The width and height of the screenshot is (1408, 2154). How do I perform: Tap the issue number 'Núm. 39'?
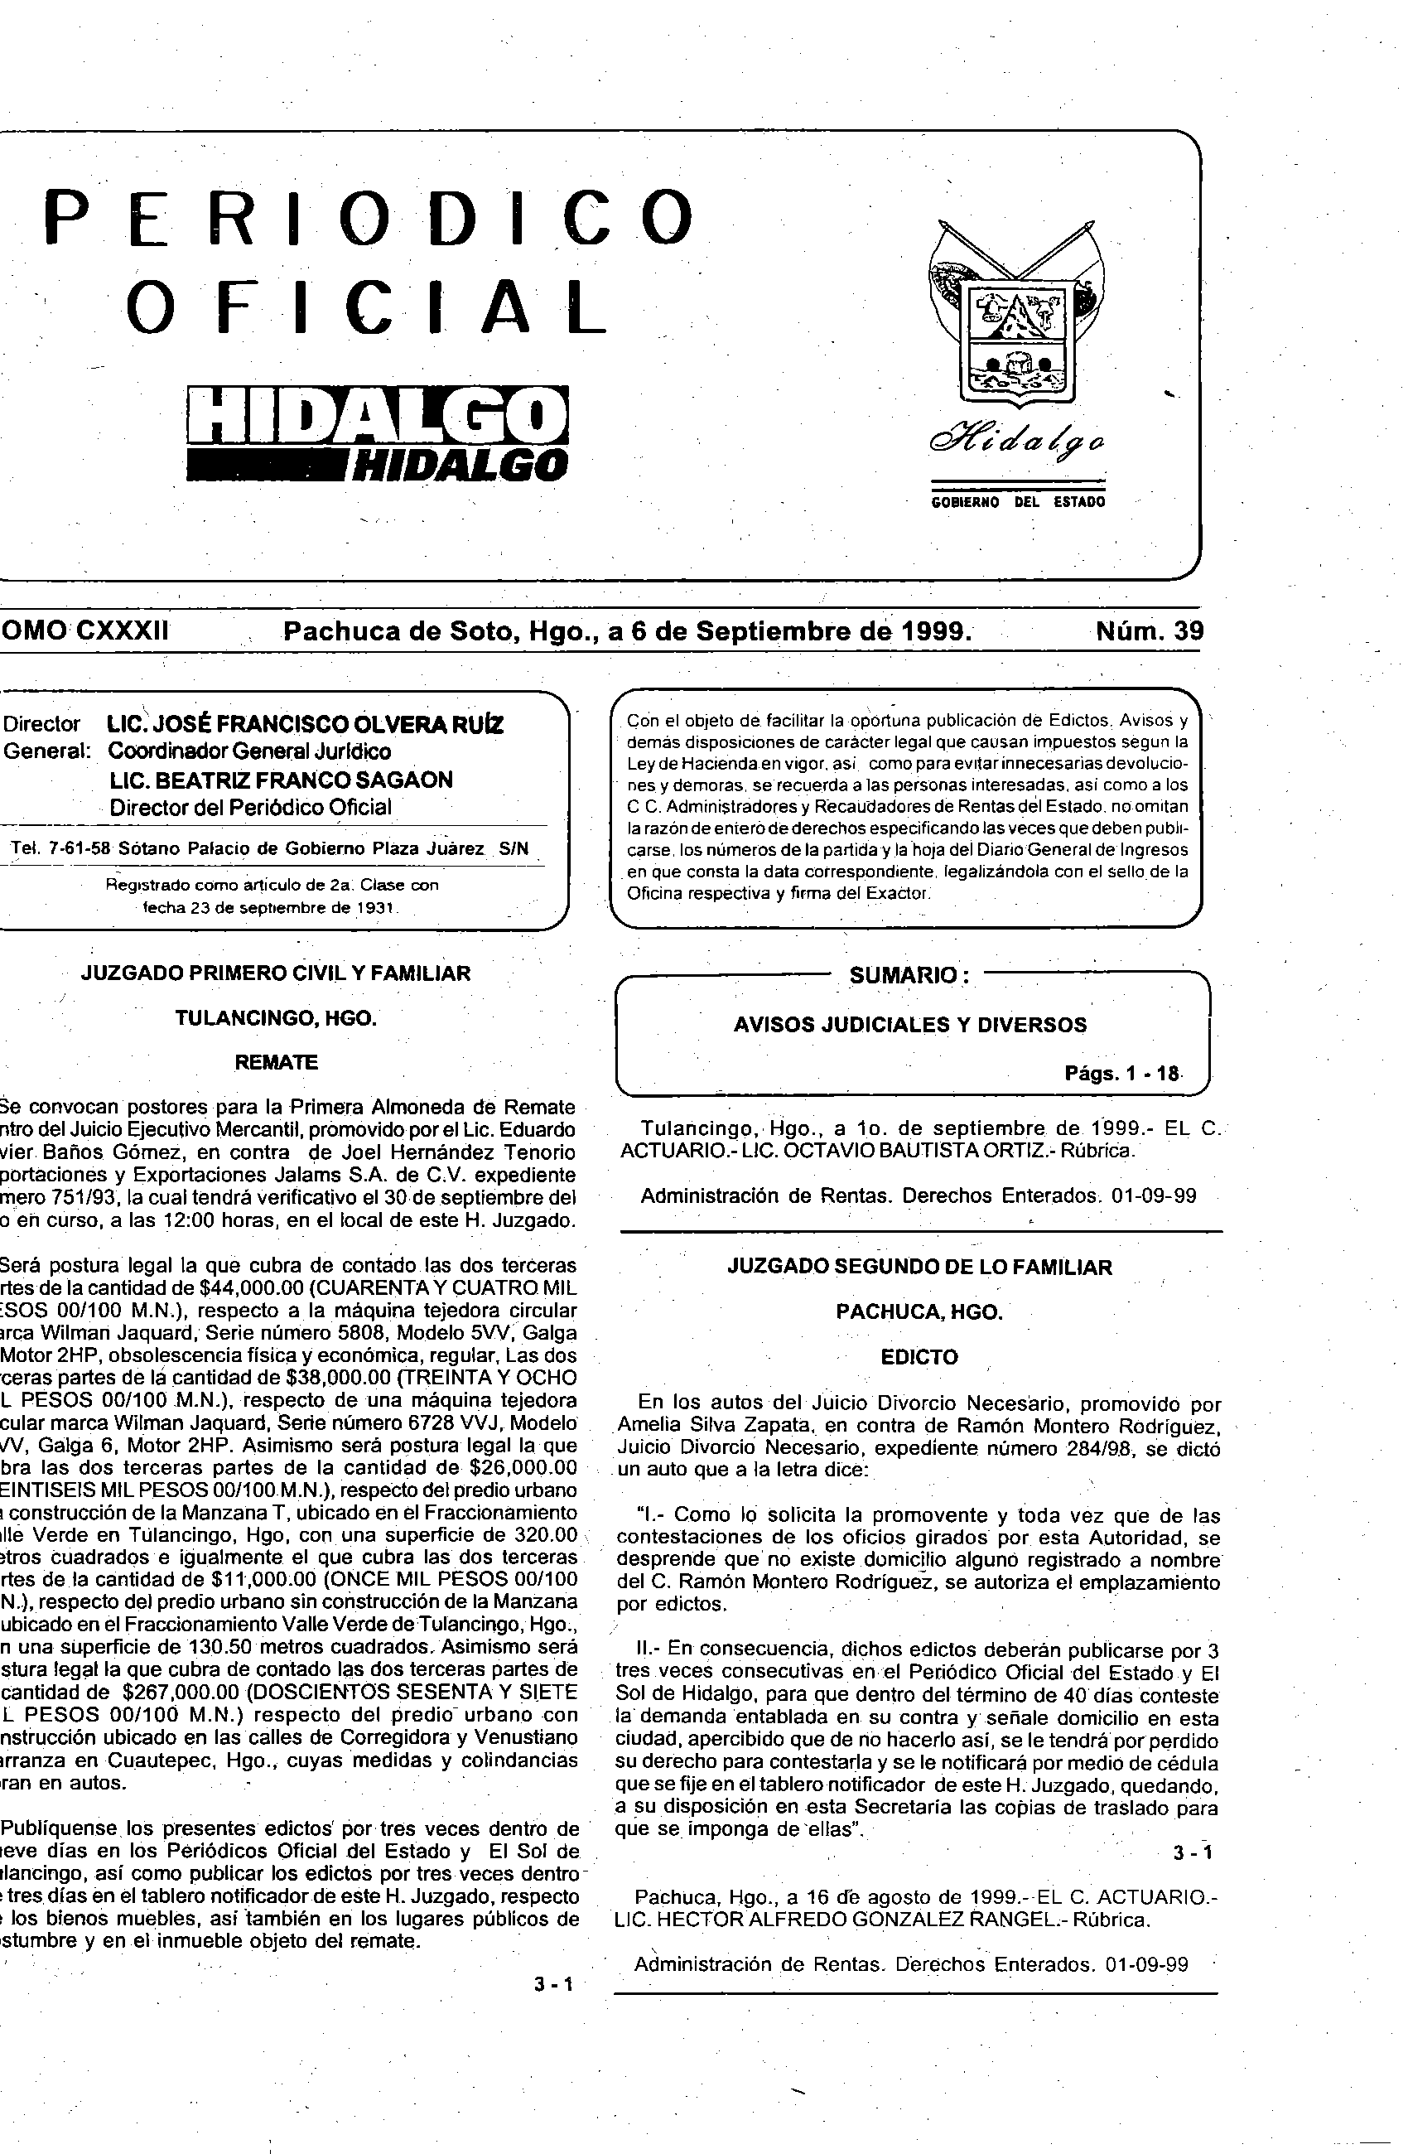click(1150, 630)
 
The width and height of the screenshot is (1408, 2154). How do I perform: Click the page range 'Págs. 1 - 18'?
click(1122, 1074)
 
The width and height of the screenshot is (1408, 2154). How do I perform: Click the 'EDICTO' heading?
click(919, 1357)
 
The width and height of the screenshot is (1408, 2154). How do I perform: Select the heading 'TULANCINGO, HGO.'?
click(275, 1018)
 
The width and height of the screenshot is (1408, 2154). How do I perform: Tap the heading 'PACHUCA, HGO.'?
click(919, 1312)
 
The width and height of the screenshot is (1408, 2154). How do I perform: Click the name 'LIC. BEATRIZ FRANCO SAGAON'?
click(282, 780)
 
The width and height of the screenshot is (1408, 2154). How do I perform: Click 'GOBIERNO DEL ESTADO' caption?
click(1018, 502)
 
